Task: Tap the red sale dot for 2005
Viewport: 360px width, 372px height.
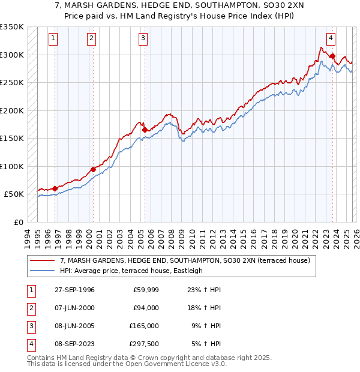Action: point(145,130)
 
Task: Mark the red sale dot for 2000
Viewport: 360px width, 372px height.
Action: point(93,169)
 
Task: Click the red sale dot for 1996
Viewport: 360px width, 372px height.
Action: point(55,188)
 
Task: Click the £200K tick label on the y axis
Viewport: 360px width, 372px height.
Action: point(12,110)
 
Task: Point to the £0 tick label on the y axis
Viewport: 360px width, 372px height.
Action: point(17,222)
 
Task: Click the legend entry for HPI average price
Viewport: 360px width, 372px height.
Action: point(131,271)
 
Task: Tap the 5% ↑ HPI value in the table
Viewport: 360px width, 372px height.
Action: point(206,344)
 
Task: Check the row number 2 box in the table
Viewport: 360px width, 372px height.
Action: point(30,308)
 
